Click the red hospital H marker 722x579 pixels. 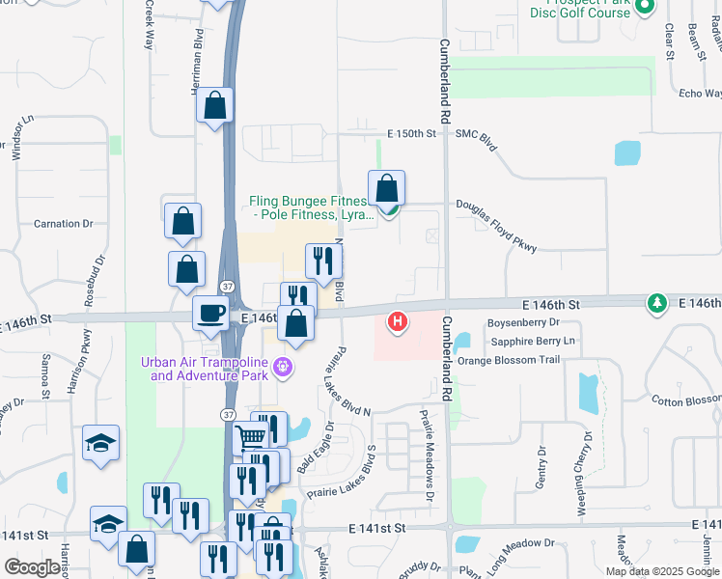click(397, 320)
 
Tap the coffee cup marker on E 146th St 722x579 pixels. click(211, 313)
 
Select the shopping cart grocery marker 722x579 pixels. click(251, 438)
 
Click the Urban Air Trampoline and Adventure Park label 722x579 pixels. click(205, 369)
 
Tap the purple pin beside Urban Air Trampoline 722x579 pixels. click(283, 367)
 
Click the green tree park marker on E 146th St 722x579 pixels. click(657, 304)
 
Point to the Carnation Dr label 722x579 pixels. click(63, 224)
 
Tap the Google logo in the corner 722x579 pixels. click(32, 567)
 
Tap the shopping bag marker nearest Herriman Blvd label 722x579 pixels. click(214, 107)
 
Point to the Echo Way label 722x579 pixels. click(700, 94)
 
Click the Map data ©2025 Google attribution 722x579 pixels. click(662, 571)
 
